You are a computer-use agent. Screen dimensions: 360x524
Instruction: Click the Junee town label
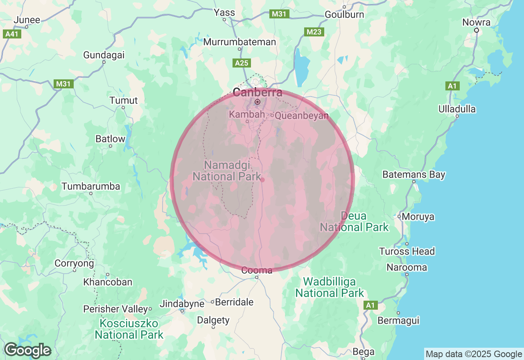(27, 20)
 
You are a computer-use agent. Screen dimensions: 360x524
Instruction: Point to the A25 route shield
(242, 63)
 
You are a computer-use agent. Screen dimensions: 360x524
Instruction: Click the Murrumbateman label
(239, 42)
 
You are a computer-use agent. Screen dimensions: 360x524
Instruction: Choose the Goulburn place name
(344, 14)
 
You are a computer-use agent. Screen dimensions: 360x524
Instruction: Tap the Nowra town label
(477, 22)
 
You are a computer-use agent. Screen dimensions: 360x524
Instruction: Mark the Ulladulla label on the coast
(457, 109)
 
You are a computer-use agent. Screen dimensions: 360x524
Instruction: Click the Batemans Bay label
(413, 175)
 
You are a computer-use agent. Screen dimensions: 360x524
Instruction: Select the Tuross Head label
(407, 251)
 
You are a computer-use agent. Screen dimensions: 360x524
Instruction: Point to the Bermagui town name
(398, 320)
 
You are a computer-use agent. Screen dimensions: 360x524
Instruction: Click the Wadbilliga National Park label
(330, 288)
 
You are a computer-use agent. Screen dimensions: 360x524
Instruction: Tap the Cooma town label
(257, 270)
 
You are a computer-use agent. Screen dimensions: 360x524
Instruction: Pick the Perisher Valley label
(115, 309)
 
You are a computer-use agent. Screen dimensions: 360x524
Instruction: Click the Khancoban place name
(108, 282)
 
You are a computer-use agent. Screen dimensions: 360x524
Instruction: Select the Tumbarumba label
(91, 187)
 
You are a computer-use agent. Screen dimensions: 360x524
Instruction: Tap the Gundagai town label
(104, 55)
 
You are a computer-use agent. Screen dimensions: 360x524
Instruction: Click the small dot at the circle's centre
(262, 180)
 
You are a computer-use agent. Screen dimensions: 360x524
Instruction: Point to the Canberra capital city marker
(257, 101)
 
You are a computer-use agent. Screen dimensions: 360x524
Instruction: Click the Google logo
(27, 350)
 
